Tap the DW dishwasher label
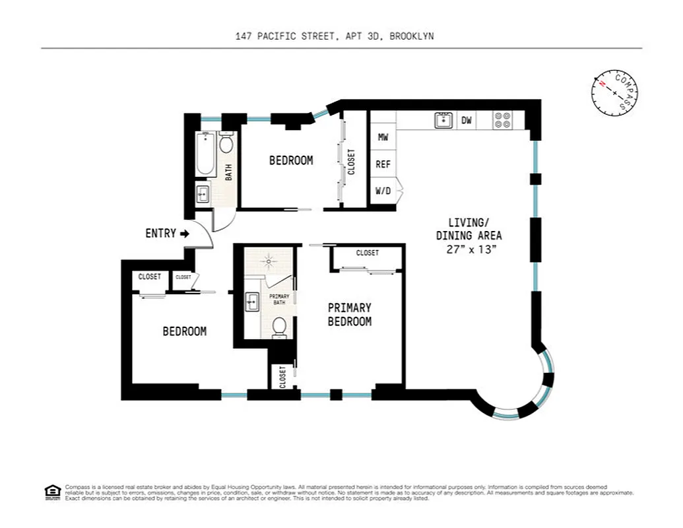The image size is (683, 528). (467, 120)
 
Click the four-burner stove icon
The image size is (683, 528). (503, 120)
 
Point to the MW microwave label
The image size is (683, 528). (383, 137)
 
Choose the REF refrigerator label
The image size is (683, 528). (383, 164)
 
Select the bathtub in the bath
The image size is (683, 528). (205, 154)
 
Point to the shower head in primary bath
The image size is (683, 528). (269, 261)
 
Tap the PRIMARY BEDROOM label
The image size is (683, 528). (350, 315)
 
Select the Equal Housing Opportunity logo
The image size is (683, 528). (52, 492)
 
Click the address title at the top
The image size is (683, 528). (335, 37)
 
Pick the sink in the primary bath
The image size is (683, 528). (252, 302)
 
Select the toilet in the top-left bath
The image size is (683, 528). (226, 143)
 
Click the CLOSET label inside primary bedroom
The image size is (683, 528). (368, 253)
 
